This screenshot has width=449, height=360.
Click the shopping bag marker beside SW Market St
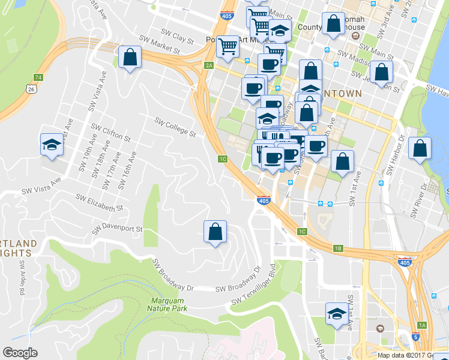tap(130, 58)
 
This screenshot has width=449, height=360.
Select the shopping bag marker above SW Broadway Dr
tap(215, 232)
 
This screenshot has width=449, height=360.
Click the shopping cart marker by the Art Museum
tap(228, 47)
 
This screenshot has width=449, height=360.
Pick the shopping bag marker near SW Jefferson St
tap(381, 72)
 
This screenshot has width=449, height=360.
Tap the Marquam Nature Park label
tap(167, 304)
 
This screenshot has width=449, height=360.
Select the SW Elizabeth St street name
tap(100, 202)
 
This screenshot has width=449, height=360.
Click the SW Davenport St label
tap(117, 229)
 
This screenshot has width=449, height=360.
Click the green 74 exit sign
tap(38, 77)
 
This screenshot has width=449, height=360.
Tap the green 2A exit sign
tap(209, 65)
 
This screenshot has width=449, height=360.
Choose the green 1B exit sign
tap(338, 248)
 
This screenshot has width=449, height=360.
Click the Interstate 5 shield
tap(416, 337)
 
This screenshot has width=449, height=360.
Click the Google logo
tap(20, 353)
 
